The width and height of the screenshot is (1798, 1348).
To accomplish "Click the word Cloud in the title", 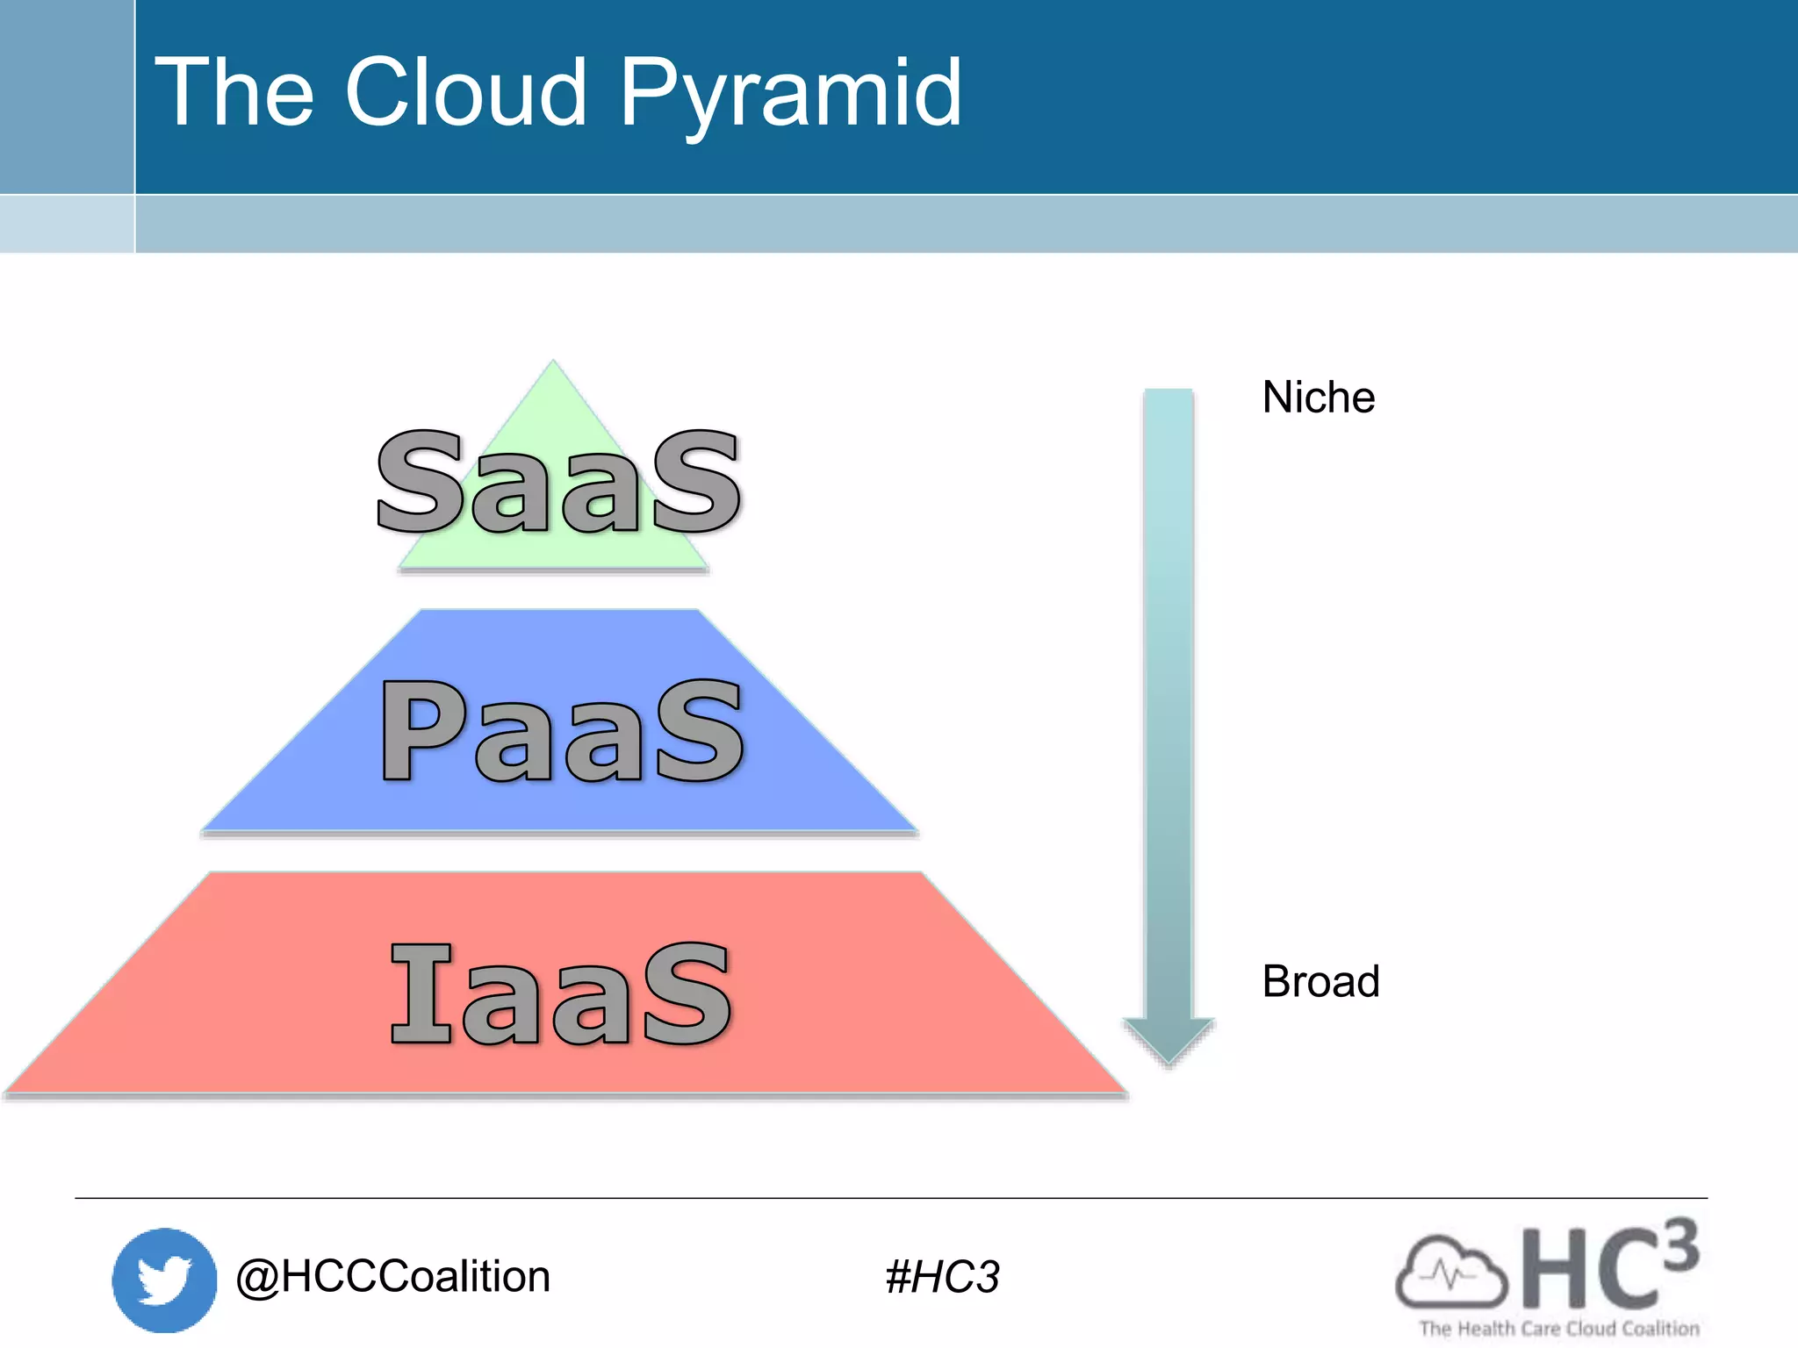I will pyautogui.click(x=465, y=92).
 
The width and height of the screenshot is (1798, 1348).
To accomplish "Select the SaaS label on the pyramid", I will pyautogui.click(x=558, y=483).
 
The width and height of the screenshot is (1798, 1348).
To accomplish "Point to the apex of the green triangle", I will pyautogui.click(x=553, y=362).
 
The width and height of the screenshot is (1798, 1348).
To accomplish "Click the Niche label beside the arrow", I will pyautogui.click(x=1318, y=397).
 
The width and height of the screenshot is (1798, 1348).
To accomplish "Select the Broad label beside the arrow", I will pyautogui.click(x=1320, y=981).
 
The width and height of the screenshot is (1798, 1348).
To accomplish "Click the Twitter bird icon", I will pyautogui.click(x=164, y=1280).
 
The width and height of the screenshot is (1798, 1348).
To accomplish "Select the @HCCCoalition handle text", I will pyautogui.click(x=392, y=1276).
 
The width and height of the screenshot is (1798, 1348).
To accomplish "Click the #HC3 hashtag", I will pyautogui.click(x=942, y=1277).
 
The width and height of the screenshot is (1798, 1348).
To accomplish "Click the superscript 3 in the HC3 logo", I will pyautogui.click(x=1679, y=1244).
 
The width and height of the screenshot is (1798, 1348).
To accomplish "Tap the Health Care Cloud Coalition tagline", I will pyautogui.click(x=1559, y=1329).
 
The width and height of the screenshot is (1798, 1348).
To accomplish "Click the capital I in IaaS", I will pyautogui.click(x=422, y=994).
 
